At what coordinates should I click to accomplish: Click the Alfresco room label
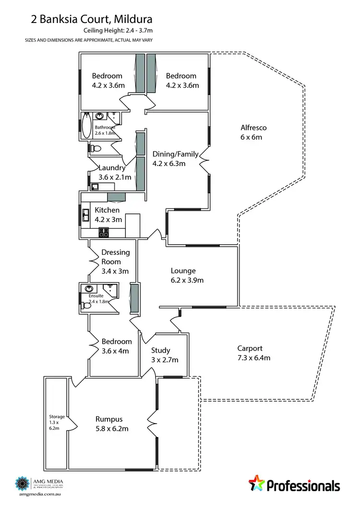tap(253, 128)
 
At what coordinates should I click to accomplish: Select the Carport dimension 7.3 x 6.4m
tap(254, 357)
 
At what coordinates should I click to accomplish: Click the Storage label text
tap(57, 416)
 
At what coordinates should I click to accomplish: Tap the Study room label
tap(160, 350)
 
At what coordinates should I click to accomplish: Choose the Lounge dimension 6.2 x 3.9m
tap(187, 280)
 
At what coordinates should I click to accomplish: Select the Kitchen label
tap(107, 210)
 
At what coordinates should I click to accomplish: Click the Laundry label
tap(112, 168)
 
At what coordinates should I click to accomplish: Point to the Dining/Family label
tap(175, 154)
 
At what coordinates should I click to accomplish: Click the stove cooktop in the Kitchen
tap(104, 233)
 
